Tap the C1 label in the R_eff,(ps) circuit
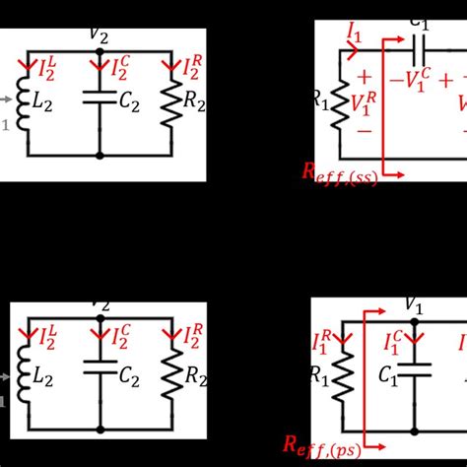point(392,376)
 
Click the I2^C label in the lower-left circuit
point(119,339)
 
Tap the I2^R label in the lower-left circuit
point(190,339)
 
